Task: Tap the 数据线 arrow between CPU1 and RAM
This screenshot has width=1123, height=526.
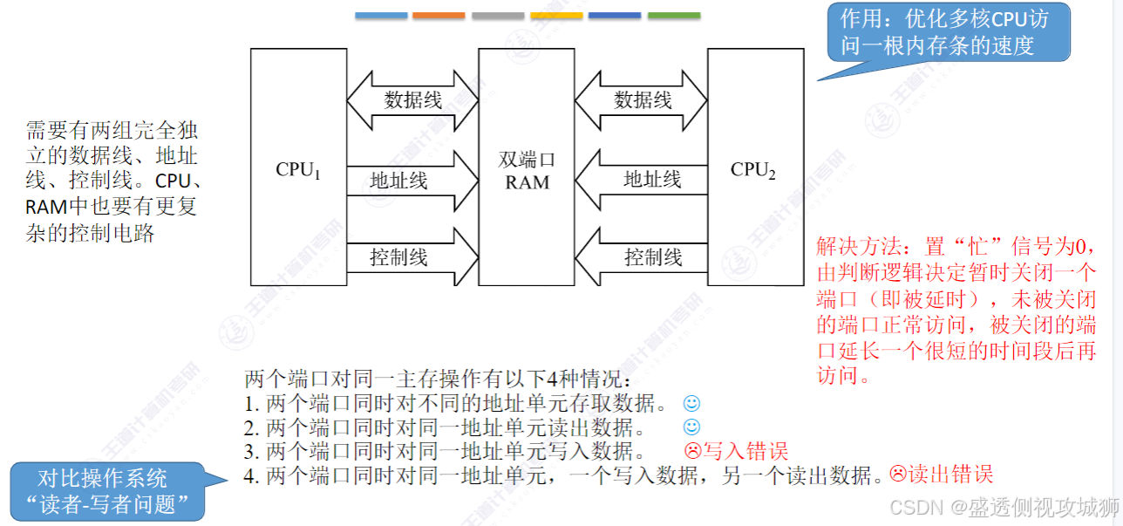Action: tap(412, 100)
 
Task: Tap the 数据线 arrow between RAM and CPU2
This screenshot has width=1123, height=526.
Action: tap(642, 100)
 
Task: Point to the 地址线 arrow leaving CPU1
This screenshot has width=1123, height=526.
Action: tap(412, 181)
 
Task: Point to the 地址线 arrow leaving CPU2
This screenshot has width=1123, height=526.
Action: tap(642, 181)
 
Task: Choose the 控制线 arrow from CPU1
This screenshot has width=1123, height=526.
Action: tap(412, 257)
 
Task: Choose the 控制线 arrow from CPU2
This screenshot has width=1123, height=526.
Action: tap(642, 257)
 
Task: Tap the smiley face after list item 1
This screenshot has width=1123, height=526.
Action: tap(691, 404)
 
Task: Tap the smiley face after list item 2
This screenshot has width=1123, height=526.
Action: tap(691, 427)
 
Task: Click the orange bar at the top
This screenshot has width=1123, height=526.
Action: tap(439, 16)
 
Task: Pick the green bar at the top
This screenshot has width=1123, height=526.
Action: tap(674, 16)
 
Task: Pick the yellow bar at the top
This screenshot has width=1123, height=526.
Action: tap(556, 16)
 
